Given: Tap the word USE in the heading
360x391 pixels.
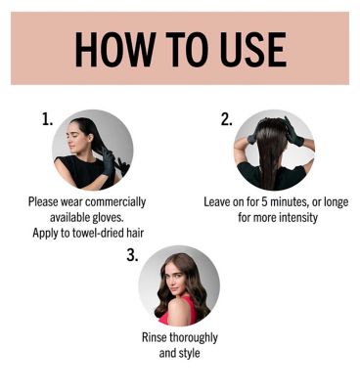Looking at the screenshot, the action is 252,49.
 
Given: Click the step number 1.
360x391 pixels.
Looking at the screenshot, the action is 47,119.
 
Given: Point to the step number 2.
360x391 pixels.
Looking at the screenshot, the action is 227,119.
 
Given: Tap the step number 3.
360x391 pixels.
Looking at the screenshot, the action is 132,255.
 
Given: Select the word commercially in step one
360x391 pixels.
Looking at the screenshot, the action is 115,202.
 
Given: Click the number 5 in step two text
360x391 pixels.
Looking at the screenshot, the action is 264,202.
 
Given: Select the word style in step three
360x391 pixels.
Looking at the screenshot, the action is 190,354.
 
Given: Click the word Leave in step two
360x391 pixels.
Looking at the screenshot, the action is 217,202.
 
